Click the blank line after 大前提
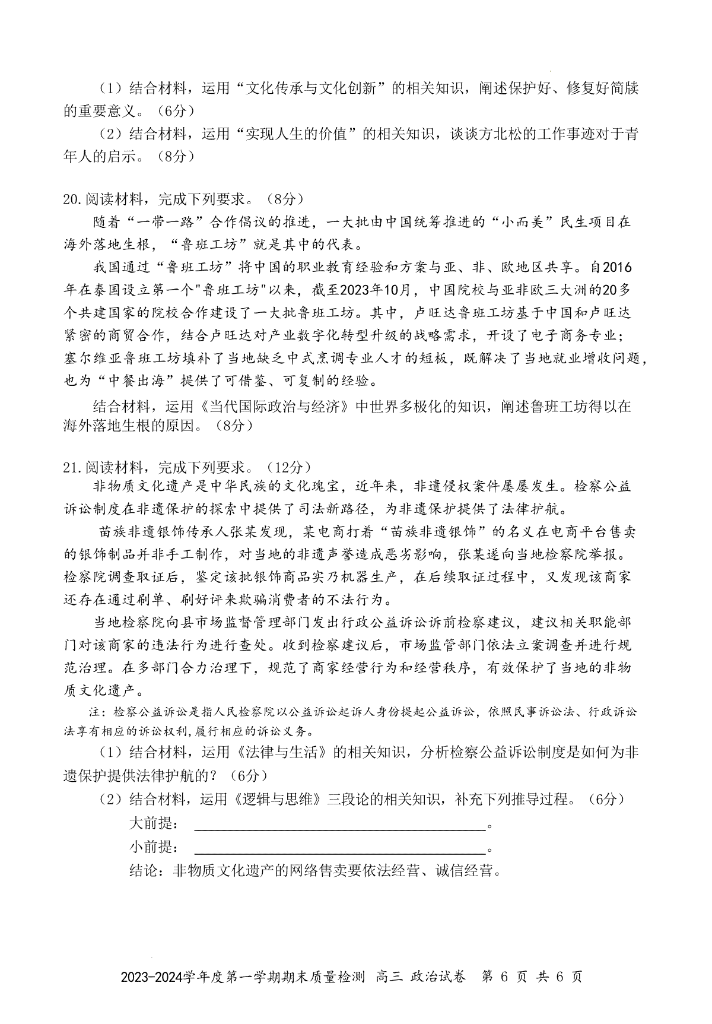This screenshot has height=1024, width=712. (339, 825)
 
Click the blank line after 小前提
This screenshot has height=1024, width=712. (339, 848)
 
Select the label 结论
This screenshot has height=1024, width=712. (144, 871)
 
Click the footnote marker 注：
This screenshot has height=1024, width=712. (97, 711)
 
